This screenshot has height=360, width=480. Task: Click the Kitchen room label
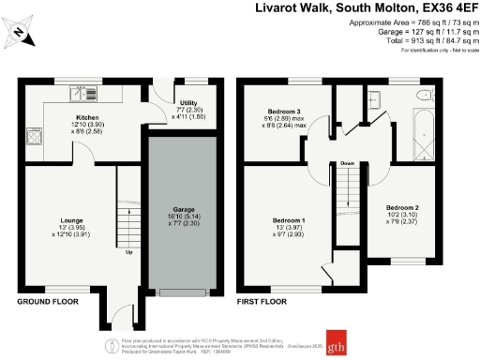(91, 119)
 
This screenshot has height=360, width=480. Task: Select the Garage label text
(183, 211)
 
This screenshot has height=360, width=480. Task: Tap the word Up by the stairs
(127, 252)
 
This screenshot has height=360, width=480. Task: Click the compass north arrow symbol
(21, 35)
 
